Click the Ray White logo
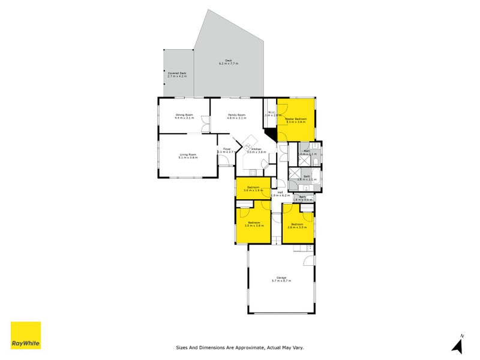[26, 335]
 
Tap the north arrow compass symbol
[458, 344]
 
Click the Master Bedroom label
[296, 120]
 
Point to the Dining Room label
[184, 116]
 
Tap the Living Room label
[188, 155]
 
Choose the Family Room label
[236, 116]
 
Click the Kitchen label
[256, 150]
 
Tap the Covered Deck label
[176, 74]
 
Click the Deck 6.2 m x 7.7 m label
[228, 62]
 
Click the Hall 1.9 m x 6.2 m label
[280, 194]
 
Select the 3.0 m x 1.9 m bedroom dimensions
[253, 190]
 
